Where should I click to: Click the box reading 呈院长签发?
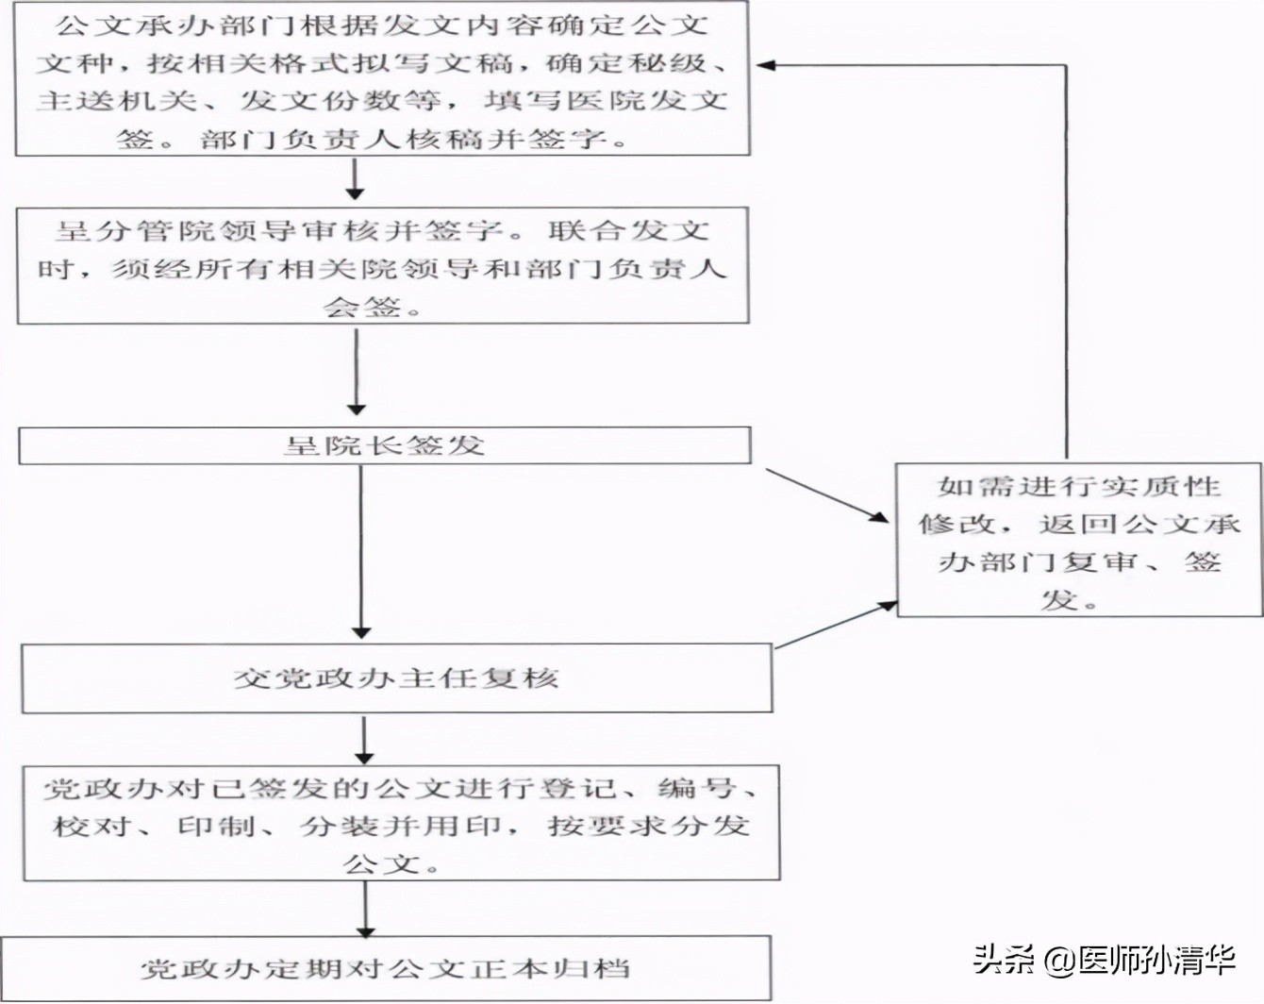[385, 445]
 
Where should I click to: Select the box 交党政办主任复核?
[396, 678]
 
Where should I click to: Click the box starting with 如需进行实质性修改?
[1078, 541]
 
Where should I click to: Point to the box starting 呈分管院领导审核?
[382, 266]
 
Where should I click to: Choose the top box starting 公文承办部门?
[382, 79]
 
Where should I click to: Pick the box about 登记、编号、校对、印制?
[401, 824]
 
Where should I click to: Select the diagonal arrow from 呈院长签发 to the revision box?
[826, 494]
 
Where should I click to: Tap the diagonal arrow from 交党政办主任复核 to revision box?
[835, 625]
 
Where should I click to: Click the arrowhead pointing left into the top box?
[766, 66]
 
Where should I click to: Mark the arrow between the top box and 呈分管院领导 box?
[355, 180]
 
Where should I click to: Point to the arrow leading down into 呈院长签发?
[357, 372]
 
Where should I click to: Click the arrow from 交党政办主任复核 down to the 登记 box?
[364, 740]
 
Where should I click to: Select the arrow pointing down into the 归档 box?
[365, 909]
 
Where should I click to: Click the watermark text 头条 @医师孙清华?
[1103, 960]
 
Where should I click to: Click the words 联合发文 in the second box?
[627, 230]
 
